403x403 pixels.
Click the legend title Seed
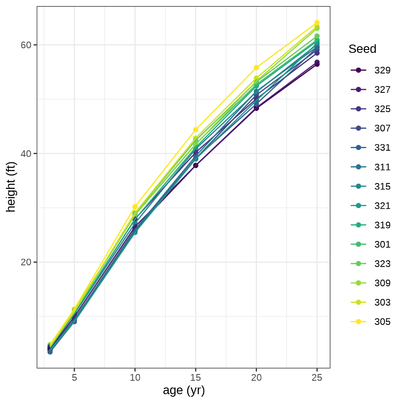coord(362,49)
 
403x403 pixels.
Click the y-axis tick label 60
coord(26,45)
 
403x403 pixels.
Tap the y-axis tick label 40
coord(26,154)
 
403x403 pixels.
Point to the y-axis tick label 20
coord(26,262)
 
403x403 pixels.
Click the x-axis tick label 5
coord(74,377)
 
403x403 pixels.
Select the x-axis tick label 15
coord(196,377)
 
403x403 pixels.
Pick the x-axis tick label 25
coord(317,377)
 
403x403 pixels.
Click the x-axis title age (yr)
coord(183,391)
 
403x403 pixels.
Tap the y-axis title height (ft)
coord(11,187)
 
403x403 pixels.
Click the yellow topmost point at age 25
coord(317,23)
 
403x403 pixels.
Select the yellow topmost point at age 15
coord(196,130)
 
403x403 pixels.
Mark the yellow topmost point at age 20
coord(256,68)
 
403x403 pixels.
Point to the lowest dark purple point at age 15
coord(196,165)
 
